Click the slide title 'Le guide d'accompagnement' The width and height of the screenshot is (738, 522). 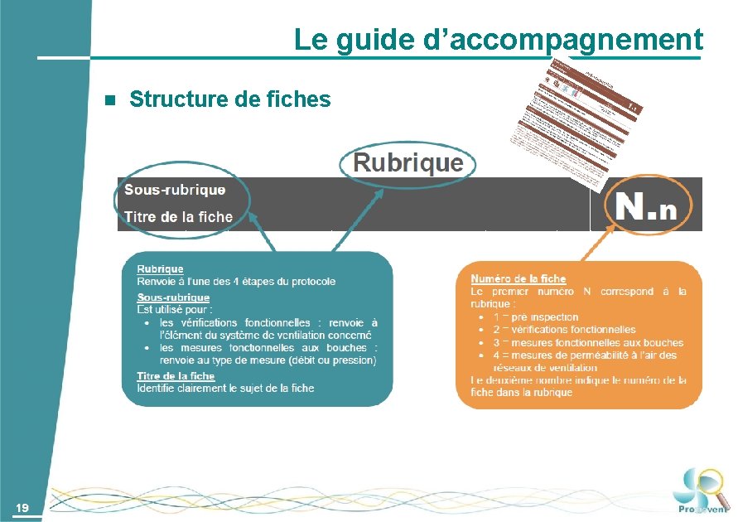(x=498, y=39)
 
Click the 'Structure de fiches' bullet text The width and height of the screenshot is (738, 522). (x=229, y=100)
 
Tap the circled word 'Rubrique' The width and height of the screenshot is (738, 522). (x=408, y=162)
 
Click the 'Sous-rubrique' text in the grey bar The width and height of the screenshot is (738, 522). (x=175, y=190)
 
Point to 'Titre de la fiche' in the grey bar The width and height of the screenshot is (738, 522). (x=178, y=217)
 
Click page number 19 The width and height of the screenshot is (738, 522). (x=22, y=507)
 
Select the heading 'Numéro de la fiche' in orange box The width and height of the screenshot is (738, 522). (x=518, y=279)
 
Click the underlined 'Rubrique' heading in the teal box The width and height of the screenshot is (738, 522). (x=160, y=269)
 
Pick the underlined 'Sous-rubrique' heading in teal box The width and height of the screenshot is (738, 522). (x=173, y=297)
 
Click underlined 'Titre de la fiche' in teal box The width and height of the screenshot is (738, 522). (x=177, y=376)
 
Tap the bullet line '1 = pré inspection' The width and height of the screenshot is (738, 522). (x=535, y=317)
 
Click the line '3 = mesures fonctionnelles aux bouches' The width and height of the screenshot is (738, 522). (x=588, y=342)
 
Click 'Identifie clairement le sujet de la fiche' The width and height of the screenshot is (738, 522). (x=225, y=388)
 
